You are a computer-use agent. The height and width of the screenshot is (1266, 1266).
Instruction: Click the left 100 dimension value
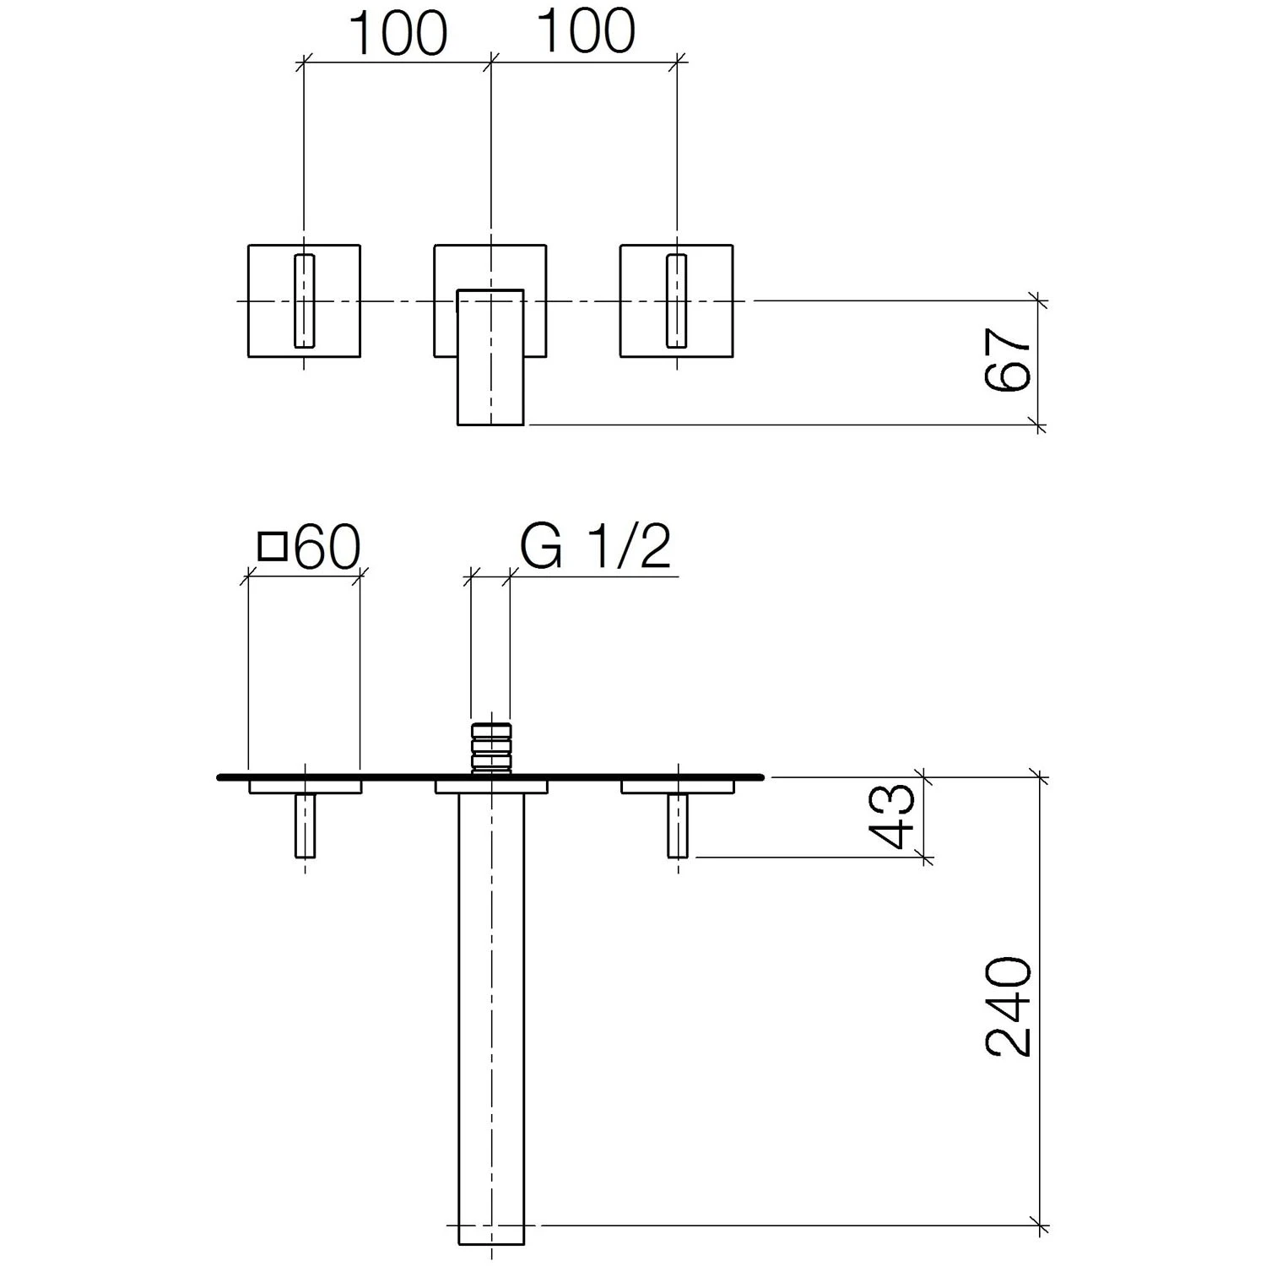click(x=398, y=34)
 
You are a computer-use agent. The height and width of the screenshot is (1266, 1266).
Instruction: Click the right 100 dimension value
click(x=587, y=32)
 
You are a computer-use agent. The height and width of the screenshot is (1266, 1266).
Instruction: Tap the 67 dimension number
click(x=1009, y=360)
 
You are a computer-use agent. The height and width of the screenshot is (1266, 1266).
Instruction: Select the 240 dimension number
click(x=1009, y=1006)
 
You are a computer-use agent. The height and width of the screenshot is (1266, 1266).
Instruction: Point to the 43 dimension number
click(x=891, y=816)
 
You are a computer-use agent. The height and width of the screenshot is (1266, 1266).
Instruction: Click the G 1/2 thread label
click(x=596, y=547)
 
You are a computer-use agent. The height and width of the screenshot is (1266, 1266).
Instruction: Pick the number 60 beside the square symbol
click(x=328, y=547)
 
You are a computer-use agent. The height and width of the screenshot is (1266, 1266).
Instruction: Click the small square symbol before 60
click(x=273, y=547)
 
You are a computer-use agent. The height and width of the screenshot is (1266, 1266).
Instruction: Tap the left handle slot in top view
click(x=304, y=300)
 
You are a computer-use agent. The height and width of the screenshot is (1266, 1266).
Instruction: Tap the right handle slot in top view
click(x=677, y=300)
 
